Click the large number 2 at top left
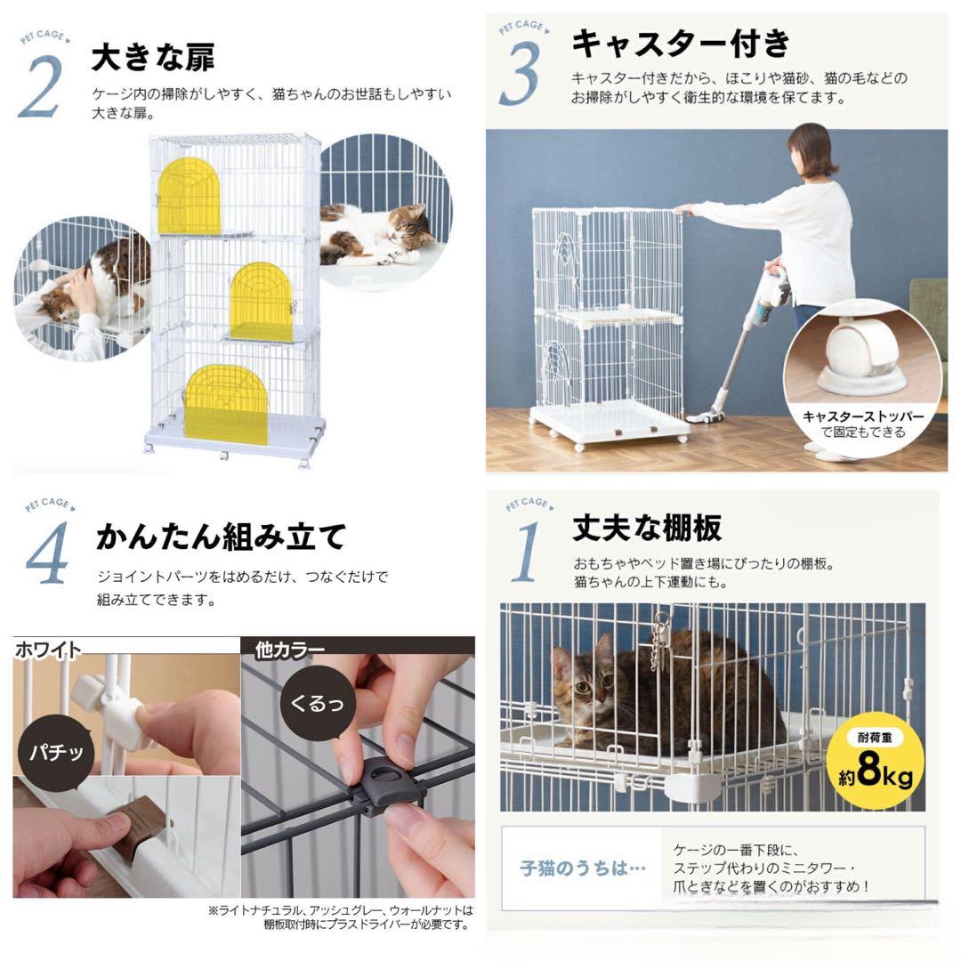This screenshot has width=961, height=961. (40, 86)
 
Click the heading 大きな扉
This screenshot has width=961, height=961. (153, 59)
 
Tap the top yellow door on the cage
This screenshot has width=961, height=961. (189, 197)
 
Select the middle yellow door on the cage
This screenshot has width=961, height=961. (261, 302)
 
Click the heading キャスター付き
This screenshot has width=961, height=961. (680, 42)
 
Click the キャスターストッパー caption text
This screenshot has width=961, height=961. (862, 416)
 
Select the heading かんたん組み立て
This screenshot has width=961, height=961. (220, 537)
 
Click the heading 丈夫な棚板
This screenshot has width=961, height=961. (647, 529)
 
